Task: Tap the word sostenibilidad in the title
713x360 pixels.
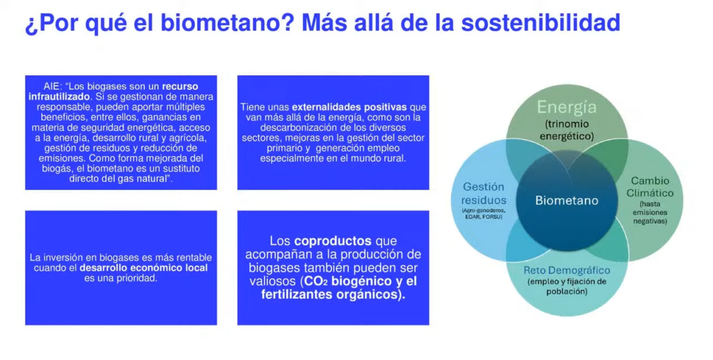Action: click(x=540, y=23)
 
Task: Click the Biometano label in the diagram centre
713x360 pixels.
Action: click(x=567, y=201)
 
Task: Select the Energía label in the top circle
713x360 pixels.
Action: click(x=567, y=108)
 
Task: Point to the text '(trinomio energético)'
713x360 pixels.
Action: click(x=567, y=130)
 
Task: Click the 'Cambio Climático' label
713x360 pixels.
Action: click(x=650, y=187)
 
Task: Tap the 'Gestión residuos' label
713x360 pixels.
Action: click(x=483, y=193)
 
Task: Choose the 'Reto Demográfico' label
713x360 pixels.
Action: click(x=567, y=270)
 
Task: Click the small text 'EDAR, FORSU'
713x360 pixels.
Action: click(x=483, y=217)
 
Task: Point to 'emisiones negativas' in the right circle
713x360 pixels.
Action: click(x=650, y=217)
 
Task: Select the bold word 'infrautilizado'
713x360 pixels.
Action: click(x=59, y=97)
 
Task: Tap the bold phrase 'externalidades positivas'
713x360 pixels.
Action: click(x=350, y=107)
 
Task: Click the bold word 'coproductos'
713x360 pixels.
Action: click(x=333, y=241)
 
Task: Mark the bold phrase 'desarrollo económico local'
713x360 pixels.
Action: click(x=143, y=267)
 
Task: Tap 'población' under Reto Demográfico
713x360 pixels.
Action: click(x=567, y=291)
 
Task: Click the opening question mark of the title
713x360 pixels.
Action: click(x=31, y=25)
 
